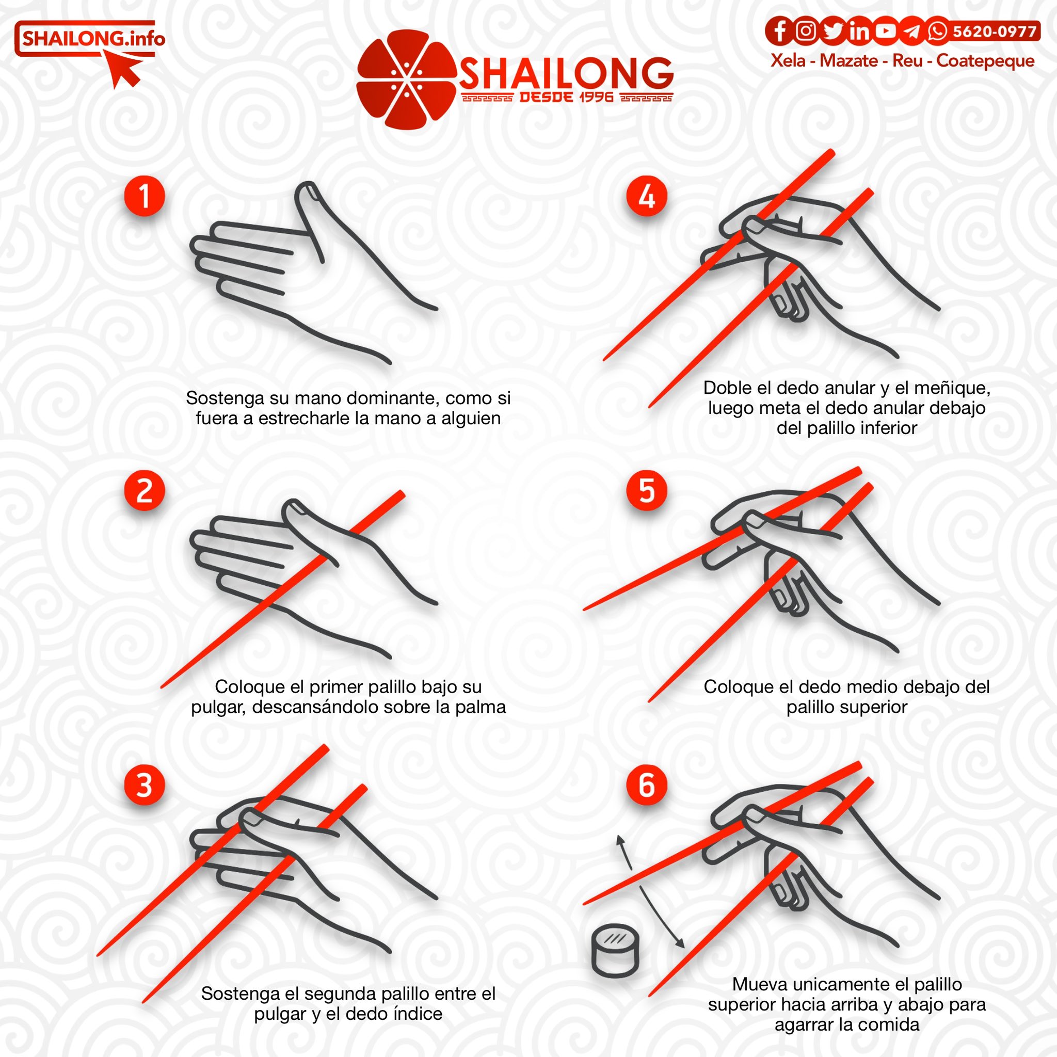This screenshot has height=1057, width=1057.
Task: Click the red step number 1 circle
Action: [x=145, y=195]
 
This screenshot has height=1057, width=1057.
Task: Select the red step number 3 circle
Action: [x=145, y=784]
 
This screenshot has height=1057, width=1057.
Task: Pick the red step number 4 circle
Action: [x=647, y=195]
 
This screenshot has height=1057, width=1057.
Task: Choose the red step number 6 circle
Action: [x=647, y=784]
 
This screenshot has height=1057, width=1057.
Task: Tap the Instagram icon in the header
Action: [x=805, y=30]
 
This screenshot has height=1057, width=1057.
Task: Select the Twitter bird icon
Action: [x=832, y=30]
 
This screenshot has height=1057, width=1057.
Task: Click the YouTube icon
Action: [x=885, y=30]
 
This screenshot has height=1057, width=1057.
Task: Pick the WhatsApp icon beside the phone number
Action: [x=938, y=30]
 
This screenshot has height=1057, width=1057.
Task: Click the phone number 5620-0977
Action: [x=994, y=31]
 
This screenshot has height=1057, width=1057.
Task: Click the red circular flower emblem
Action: [x=407, y=79]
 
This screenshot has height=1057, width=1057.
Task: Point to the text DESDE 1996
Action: [x=567, y=98]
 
